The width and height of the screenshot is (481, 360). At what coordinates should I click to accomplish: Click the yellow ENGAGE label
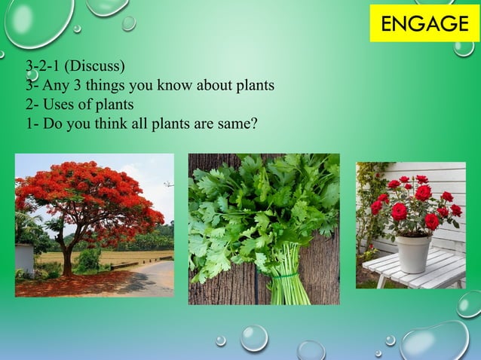point(424,23)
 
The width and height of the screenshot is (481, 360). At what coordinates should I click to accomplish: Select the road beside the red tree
point(151,279)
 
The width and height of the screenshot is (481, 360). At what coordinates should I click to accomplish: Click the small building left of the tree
point(23,258)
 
